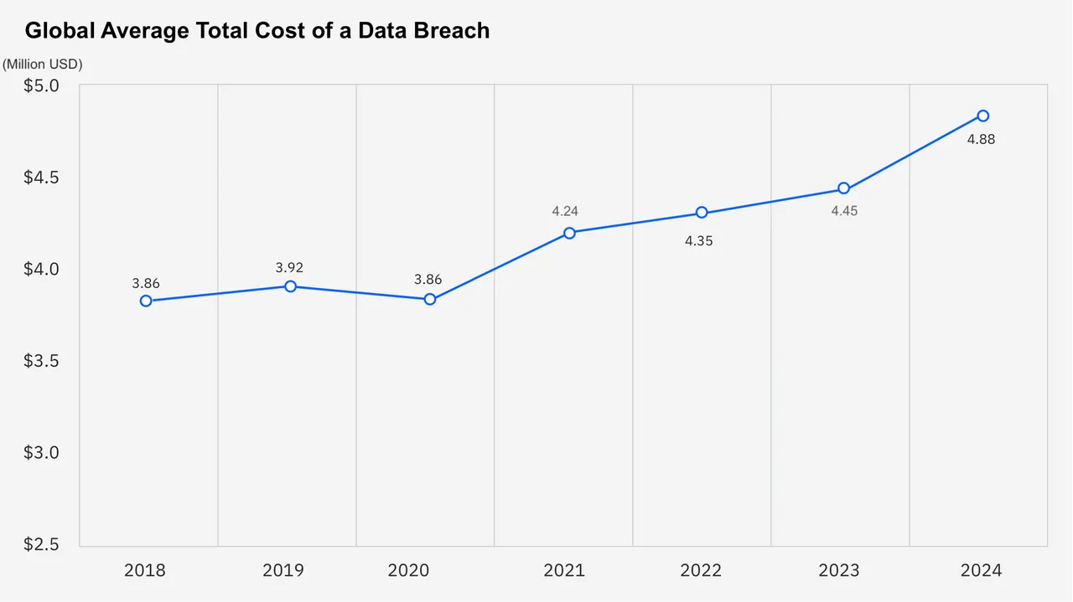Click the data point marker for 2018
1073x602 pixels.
click(146, 301)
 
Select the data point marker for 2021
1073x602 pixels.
click(569, 233)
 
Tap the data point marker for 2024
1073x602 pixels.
click(983, 116)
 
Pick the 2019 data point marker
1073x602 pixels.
click(290, 286)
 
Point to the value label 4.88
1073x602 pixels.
click(981, 140)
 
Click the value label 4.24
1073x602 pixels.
click(565, 211)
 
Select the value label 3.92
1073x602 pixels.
click(289, 268)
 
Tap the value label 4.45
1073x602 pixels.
click(844, 211)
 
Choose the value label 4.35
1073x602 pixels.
click(698, 241)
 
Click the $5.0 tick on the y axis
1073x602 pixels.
click(41, 85)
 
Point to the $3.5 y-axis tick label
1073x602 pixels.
click(41, 361)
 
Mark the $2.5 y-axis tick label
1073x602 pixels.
click(41, 544)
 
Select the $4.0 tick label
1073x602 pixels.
click(41, 269)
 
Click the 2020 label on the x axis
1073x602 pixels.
click(408, 571)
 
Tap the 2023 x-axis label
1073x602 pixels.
click(839, 571)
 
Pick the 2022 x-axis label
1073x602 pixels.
click(701, 571)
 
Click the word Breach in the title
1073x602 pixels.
click(449, 32)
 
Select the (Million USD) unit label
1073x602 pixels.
click(43, 64)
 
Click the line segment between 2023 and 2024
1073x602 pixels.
click(914, 152)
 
